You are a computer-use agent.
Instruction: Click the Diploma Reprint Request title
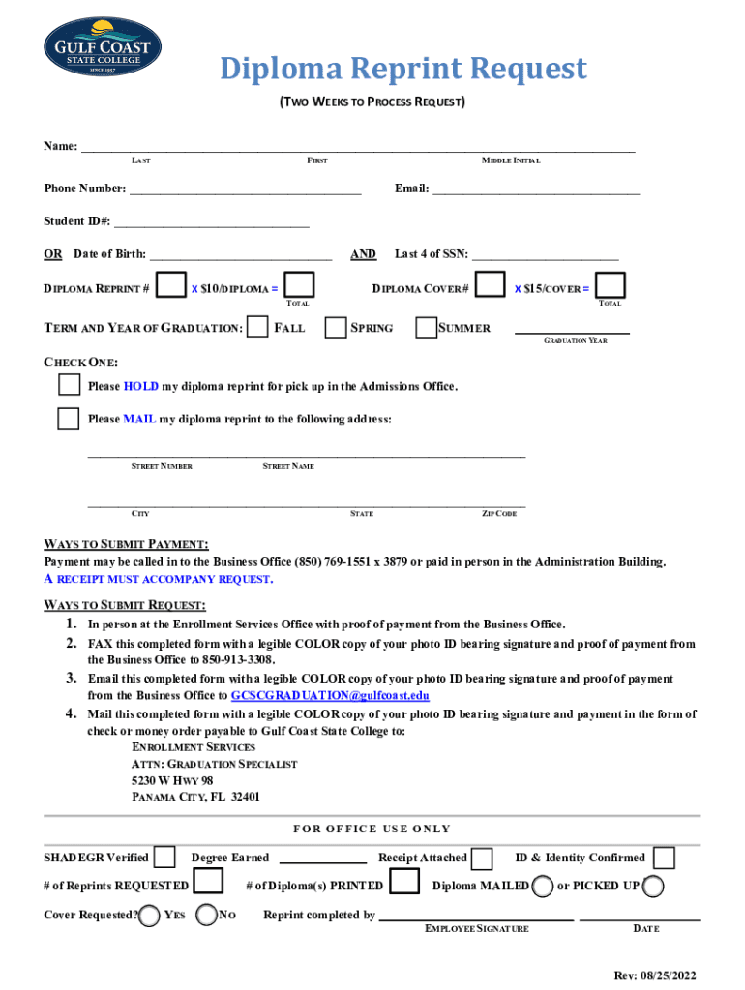click(402, 69)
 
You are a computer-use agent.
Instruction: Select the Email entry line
click(535, 189)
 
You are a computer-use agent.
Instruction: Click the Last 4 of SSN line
click(545, 254)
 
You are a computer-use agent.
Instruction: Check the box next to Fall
click(257, 328)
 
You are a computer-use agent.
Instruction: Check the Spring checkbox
click(336, 328)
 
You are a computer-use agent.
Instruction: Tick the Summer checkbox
click(426, 328)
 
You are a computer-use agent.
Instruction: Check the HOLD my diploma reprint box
click(69, 386)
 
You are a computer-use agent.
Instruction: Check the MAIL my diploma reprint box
click(69, 419)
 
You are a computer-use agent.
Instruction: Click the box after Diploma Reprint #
click(171, 285)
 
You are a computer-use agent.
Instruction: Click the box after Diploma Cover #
click(492, 285)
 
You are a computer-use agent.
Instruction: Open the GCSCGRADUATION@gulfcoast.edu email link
click(330, 695)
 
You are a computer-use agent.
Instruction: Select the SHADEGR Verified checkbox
click(165, 858)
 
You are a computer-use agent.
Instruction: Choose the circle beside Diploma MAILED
click(543, 886)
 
